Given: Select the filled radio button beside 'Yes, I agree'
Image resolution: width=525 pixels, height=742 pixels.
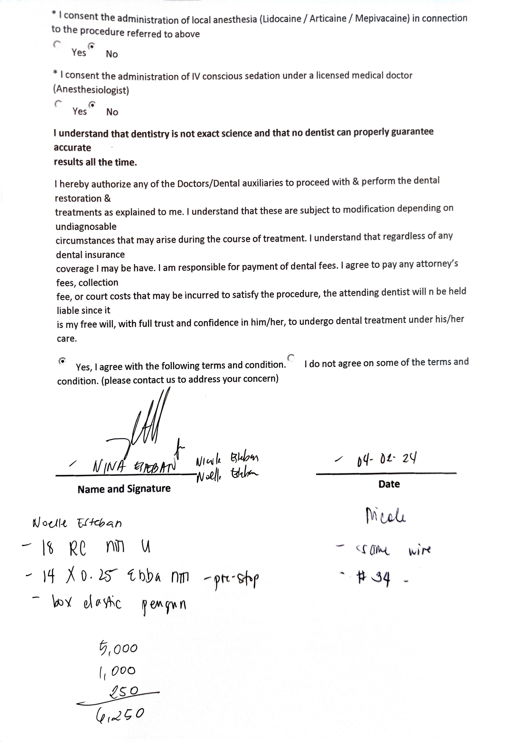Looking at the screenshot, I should (x=62, y=360).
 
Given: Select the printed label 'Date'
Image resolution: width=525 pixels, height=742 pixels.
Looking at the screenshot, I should (x=389, y=484).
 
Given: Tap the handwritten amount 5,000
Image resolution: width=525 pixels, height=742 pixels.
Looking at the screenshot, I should (x=118, y=648).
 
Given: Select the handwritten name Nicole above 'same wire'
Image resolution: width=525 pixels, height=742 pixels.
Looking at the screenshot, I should (x=385, y=516).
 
